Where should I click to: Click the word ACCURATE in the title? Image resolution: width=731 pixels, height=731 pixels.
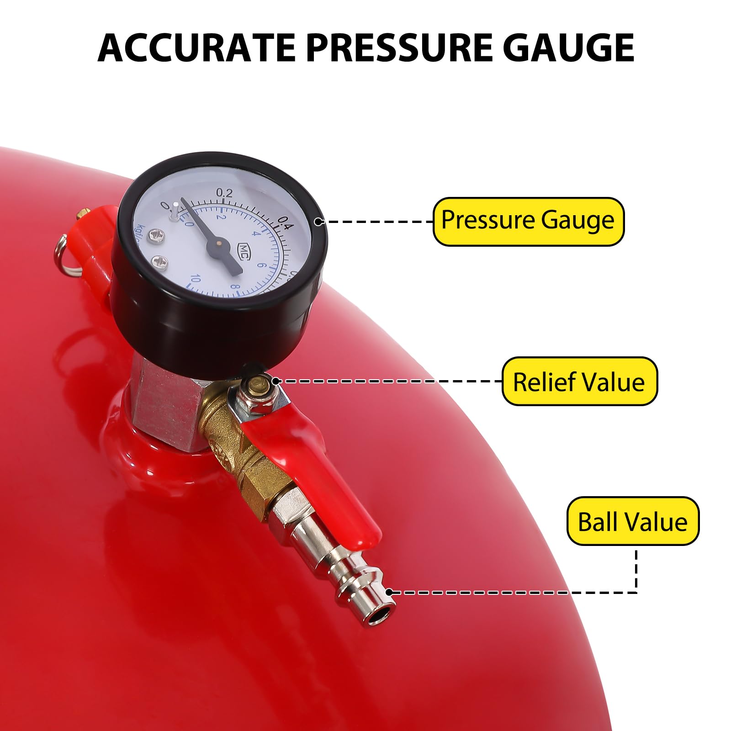(x=196, y=48)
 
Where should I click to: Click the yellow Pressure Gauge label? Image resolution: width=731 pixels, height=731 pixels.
(x=528, y=222)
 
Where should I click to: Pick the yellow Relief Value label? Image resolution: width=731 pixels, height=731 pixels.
(x=579, y=381)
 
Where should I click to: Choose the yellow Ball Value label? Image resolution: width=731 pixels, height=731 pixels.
(x=633, y=521)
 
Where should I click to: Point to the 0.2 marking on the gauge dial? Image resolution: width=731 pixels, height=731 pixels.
(x=224, y=193)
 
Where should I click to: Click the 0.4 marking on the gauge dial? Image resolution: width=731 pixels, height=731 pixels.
(x=286, y=224)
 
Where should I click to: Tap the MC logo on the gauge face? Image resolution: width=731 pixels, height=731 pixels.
(x=244, y=250)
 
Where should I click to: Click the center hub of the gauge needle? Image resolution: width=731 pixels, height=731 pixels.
(x=219, y=244)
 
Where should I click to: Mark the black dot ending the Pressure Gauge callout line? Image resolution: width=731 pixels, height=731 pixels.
(x=319, y=222)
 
